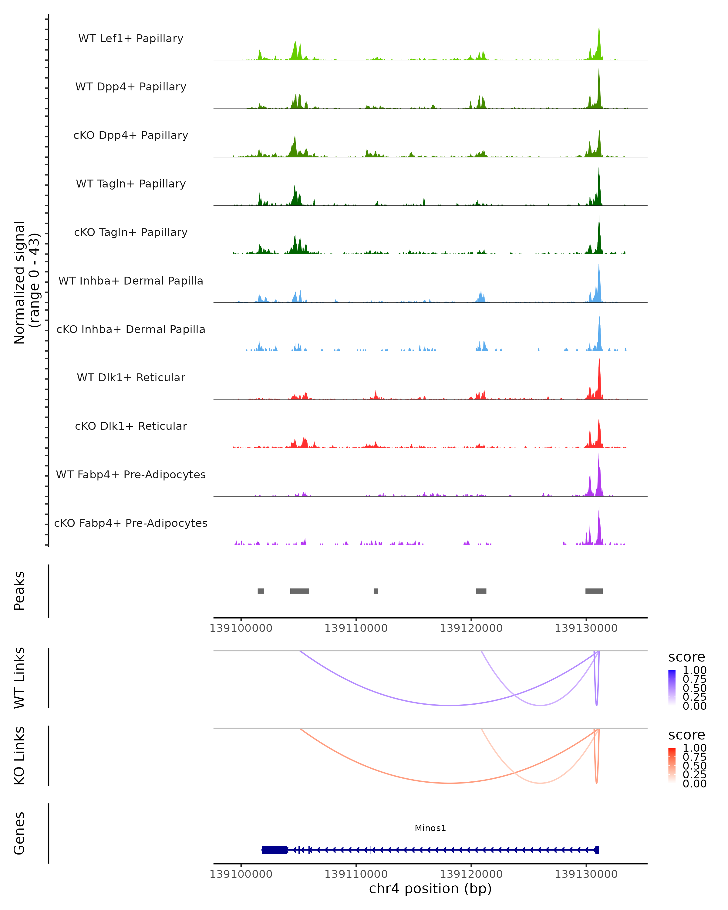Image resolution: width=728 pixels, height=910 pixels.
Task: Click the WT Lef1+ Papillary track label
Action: [131, 39]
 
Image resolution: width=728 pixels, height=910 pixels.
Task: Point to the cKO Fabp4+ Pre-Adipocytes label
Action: [131, 523]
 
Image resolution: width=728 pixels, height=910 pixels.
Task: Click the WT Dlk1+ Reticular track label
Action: [131, 377]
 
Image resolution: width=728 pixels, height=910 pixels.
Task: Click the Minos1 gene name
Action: [430, 828]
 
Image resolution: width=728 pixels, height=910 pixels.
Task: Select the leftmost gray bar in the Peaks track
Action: [261, 591]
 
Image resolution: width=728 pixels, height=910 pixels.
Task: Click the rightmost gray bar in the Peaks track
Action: [594, 591]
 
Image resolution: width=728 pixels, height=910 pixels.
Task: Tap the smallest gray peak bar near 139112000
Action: [376, 591]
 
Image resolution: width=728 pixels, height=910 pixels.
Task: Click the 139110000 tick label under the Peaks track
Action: [356, 628]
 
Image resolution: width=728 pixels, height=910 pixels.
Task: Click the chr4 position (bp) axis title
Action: [430, 888]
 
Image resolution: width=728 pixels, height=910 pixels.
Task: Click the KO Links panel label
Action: [19, 756]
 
